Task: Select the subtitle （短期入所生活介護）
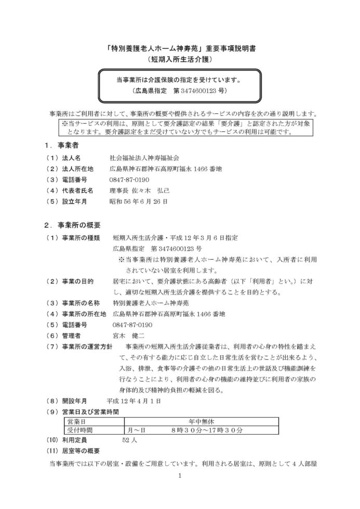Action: tap(180, 60)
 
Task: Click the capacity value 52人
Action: tap(129, 440)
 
